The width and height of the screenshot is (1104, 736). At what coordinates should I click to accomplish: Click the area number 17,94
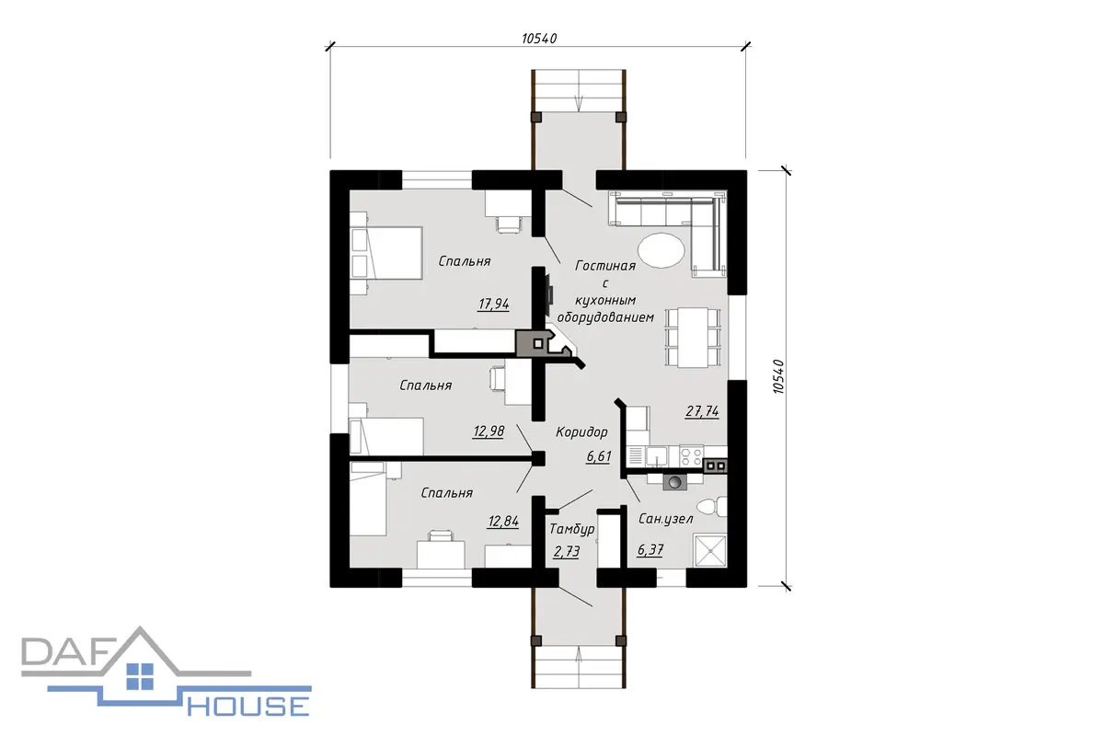tap(493, 305)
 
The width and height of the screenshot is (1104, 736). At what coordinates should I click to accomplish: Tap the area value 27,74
tap(702, 411)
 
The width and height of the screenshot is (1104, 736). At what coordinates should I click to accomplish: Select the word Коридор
tap(581, 432)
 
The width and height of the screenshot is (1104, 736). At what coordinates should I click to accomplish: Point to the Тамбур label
tap(571, 529)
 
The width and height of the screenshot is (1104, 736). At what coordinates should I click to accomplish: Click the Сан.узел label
tap(665, 519)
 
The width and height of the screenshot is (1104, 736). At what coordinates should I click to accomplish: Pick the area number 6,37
tap(650, 549)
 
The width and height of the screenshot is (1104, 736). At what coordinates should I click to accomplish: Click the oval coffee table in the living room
tap(661, 250)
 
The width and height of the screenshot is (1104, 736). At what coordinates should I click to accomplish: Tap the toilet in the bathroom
tap(712, 507)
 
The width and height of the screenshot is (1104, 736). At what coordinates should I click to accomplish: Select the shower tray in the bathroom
tap(709, 551)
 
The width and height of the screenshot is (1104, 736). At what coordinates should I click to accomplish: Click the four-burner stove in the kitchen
tap(691, 456)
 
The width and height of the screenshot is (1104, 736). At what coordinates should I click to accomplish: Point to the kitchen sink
tap(657, 456)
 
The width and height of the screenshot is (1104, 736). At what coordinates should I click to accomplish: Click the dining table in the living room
tap(693, 338)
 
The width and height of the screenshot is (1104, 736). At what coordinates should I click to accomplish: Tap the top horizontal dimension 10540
tap(539, 39)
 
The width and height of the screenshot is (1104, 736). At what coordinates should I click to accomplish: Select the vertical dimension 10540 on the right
tap(778, 376)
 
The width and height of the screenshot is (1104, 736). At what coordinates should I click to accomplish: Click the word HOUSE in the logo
tap(248, 706)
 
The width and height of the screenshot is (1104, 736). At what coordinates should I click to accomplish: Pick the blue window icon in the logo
tap(140, 676)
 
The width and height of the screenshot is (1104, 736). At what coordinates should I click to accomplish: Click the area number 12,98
tap(489, 431)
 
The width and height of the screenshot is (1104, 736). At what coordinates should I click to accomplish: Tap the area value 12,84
tap(503, 522)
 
